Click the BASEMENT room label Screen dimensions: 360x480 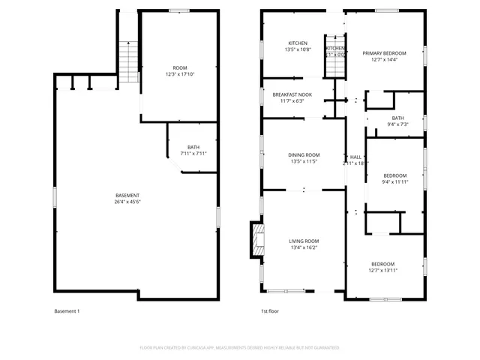coord(127,196)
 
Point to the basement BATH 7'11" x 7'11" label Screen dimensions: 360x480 coord(193,150)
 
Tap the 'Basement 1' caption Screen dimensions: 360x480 coord(67,311)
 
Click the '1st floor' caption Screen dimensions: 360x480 coord(270,311)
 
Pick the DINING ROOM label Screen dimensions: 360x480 coord(304,154)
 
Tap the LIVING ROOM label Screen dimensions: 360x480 coord(304,241)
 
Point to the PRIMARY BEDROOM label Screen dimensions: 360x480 coord(384,53)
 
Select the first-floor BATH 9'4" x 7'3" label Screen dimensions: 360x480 coord(397,121)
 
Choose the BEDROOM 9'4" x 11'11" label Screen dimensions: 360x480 coord(394,175)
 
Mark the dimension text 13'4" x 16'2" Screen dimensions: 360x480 coord(304,248)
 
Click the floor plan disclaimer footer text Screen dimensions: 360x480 coord(240,348)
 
